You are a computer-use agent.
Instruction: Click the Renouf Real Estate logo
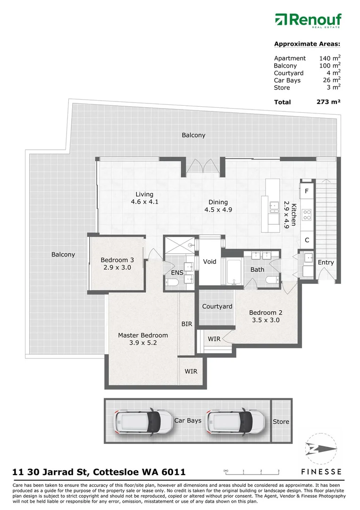tap(308, 21)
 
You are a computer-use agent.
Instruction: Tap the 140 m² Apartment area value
tap(330, 58)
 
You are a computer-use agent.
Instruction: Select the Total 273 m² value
tap(328, 102)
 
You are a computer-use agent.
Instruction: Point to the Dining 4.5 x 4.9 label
tap(218, 206)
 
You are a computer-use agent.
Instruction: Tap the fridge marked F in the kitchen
tap(307, 191)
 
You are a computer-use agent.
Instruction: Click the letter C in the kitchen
tap(307, 240)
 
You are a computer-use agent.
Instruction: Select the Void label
tap(209, 261)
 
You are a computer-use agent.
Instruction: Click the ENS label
tap(177, 273)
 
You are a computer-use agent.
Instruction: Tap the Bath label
tap(257, 270)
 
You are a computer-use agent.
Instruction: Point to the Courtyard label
tap(217, 306)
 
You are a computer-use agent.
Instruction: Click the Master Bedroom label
tap(142, 339)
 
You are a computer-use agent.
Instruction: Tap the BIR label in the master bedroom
tap(187, 324)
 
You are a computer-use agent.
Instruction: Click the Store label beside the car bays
tap(281, 422)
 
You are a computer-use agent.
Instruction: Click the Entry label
tap(326, 263)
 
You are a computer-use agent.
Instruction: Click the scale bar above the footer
tap(252, 471)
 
